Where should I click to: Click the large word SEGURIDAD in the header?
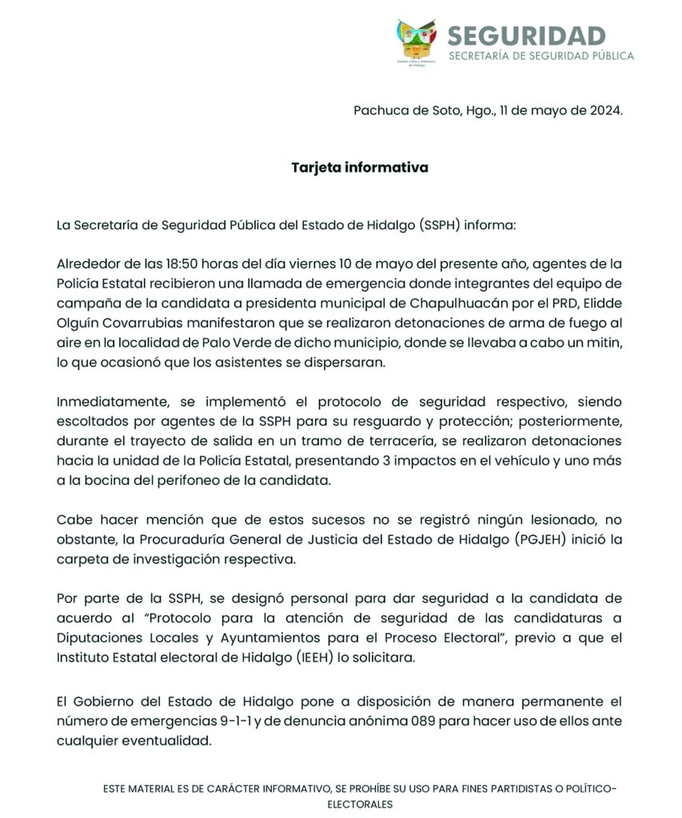(x=526, y=36)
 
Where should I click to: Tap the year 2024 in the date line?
(x=604, y=110)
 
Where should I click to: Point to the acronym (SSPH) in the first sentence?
(x=440, y=225)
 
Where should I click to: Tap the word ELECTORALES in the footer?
(x=360, y=804)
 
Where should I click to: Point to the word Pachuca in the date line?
(x=380, y=110)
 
